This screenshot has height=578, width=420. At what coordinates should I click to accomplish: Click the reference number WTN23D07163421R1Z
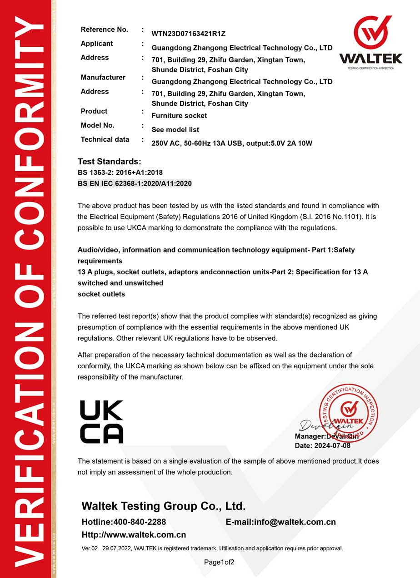pyautogui.click(x=189, y=34)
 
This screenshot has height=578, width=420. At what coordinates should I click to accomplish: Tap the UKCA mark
pyautogui.click(x=101, y=422)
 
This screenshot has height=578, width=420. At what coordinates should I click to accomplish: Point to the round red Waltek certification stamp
pyautogui.click(x=349, y=414)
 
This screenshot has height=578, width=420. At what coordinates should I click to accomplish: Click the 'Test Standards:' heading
pyautogui.click(x=110, y=162)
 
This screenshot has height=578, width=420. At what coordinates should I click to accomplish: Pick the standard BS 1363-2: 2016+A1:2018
pyautogui.click(x=120, y=173)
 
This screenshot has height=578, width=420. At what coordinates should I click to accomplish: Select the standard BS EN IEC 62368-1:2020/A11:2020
pyautogui.click(x=135, y=183)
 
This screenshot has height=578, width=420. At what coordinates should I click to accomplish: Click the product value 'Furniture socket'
pyautogui.click(x=179, y=115)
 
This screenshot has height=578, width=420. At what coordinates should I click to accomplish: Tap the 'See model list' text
pyautogui.click(x=175, y=129)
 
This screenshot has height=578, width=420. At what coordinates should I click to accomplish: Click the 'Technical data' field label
pyautogui.click(x=105, y=139)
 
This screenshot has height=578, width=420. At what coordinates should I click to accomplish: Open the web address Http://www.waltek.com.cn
pyautogui.click(x=134, y=534)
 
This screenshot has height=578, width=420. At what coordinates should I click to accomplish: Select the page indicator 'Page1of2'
pyautogui.click(x=219, y=563)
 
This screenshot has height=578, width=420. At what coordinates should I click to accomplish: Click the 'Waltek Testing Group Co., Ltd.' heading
pyautogui.click(x=164, y=506)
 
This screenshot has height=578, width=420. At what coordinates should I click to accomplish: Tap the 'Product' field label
pyautogui.click(x=94, y=111)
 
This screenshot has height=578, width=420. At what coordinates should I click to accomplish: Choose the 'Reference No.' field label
pyautogui.click(x=105, y=30)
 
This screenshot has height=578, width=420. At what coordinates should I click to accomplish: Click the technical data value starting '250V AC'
pyautogui.click(x=232, y=143)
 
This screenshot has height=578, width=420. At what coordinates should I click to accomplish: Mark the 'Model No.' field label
pyautogui.click(x=98, y=125)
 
